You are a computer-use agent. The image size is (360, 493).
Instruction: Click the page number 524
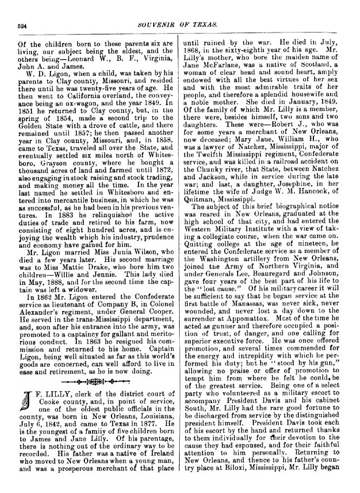click(x=22, y=25)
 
